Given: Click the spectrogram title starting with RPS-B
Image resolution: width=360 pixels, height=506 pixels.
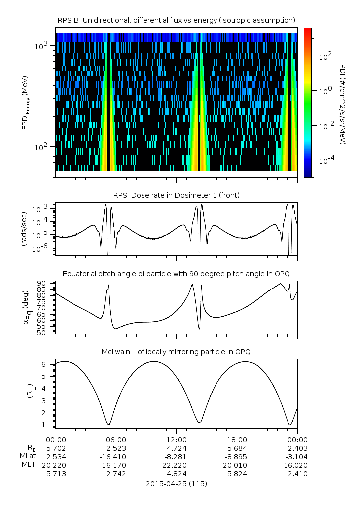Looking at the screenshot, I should pyautogui.click(x=176, y=20).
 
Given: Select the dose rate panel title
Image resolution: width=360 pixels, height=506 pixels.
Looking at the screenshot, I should pyautogui.click(x=176, y=195).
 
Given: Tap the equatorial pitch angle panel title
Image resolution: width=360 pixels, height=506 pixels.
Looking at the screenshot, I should pyautogui.click(x=176, y=274).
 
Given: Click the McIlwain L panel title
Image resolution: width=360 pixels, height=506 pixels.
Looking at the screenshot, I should pyautogui.click(x=176, y=352).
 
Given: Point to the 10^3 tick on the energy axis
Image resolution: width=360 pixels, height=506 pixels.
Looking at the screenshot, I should pyautogui.click(x=40, y=46).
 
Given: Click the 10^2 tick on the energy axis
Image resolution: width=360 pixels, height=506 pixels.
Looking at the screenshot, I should pyautogui.click(x=40, y=147).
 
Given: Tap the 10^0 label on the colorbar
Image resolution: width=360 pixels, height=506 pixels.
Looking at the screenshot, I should pyautogui.click(x=325, y=91).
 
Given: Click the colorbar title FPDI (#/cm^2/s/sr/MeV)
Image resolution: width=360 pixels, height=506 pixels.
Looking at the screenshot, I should pyautogui.click(x=343, y=102).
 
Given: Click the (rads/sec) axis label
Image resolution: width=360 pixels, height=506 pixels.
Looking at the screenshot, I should pyautogui.click(x=24, y=228).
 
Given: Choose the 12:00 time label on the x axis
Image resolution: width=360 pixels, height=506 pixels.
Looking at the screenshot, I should pyautogui.click(x=176, y=440).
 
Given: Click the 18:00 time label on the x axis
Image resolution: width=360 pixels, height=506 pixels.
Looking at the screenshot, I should pyautogui.click(x=237, y=440).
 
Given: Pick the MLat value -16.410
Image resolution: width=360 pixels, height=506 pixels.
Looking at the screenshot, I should pyautogui.click(x=116, y=457).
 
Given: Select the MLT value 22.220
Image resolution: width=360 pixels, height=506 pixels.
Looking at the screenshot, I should pyautogui.click(x=176, y=465).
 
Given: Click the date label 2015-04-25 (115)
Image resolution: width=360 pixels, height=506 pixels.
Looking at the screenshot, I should pyautogui.click(x=176, y=484).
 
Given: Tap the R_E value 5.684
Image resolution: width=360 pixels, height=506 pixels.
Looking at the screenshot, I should pyautogui.click(x=237, y=448).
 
